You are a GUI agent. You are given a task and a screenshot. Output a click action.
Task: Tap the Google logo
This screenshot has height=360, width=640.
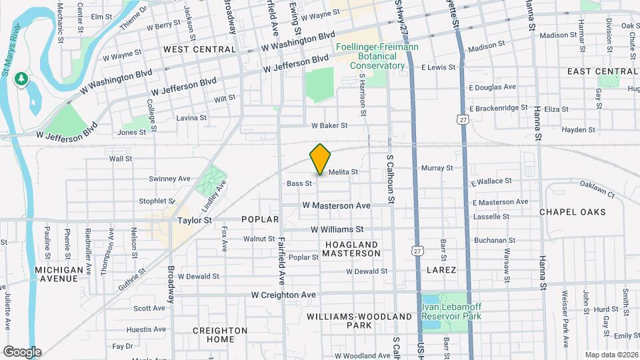point(22,352)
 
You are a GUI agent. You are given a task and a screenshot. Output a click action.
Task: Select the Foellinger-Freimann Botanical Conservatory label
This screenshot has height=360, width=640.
point(370,57)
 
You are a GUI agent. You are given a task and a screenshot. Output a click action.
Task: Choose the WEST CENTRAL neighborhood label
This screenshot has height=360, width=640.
point(199,49)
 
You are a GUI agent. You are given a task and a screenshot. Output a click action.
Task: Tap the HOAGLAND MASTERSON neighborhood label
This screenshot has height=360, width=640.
point(352,249)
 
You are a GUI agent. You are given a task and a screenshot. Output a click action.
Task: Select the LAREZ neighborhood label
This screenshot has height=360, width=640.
point(441,270)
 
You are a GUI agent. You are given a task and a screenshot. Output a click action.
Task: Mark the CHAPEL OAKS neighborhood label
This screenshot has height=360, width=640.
point(573,212)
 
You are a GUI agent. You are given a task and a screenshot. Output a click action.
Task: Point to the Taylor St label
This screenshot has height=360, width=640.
point(194,219)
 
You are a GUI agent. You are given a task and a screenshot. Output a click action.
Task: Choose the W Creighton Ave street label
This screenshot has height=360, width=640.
point(283,295)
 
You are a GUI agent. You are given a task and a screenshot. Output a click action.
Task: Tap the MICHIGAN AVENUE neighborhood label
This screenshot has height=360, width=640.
point(59,275)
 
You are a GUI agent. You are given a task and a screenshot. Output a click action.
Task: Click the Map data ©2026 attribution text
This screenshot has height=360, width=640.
point(611,355)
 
